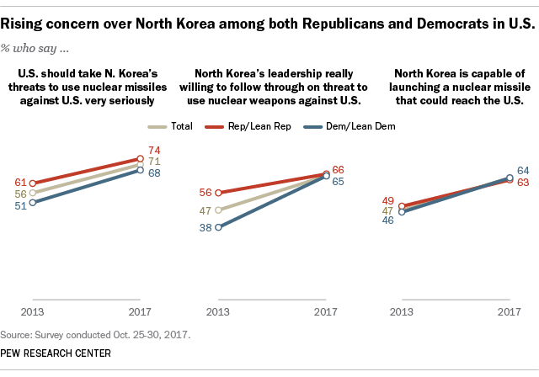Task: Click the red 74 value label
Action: click(x=154, y=149)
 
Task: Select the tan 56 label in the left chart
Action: click(x=18, y=192)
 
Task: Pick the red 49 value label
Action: click(x=389, y=201)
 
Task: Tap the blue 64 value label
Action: click(x=522, y=169)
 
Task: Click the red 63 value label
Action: click(x=522, y=181)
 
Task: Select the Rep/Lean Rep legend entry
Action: click(x=261, y=126)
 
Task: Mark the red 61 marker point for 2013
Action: click(x=32, y=183)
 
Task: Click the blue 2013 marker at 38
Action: click(x=217, y=226)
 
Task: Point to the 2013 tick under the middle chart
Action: click(x=217, y=311)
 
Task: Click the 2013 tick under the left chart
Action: click(x=32, y=311)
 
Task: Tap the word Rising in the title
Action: click(x=31, y=15)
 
